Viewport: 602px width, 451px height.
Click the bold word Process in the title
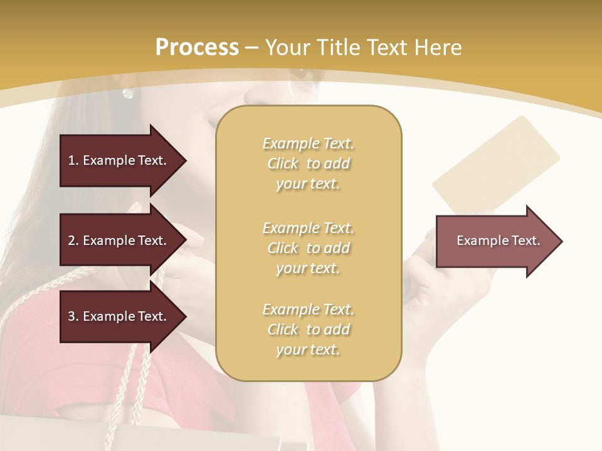197,48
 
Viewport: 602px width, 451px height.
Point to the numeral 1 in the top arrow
71,160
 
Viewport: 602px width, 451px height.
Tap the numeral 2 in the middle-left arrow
71,241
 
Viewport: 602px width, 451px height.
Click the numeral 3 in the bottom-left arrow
71,316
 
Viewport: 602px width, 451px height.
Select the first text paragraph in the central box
308,163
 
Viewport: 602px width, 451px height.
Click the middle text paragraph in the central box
308,248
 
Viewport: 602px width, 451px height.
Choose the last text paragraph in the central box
308,329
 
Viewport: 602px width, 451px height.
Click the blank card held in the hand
495,164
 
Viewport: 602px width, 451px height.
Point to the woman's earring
128,93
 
